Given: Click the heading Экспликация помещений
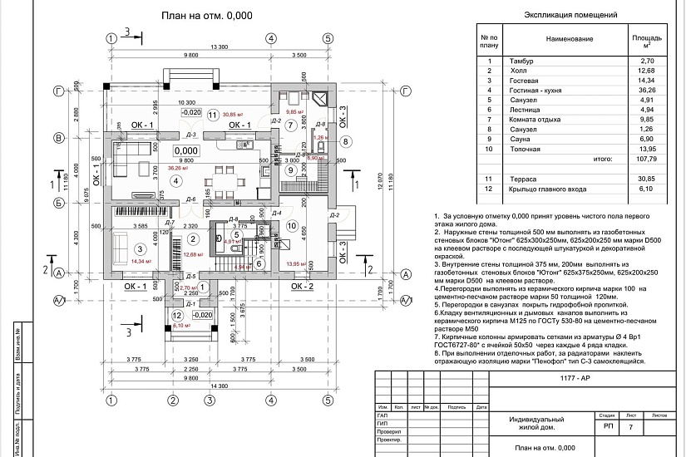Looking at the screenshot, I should (573, 15).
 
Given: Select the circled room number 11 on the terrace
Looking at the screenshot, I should (213, 115).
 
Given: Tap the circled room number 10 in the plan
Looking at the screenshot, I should (291, 225).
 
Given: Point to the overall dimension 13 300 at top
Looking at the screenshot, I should (220, 47).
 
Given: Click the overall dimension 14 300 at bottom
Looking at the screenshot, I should (220, 387).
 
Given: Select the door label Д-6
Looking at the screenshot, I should (190, 199).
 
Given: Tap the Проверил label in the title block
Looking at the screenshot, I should (388, 432).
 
